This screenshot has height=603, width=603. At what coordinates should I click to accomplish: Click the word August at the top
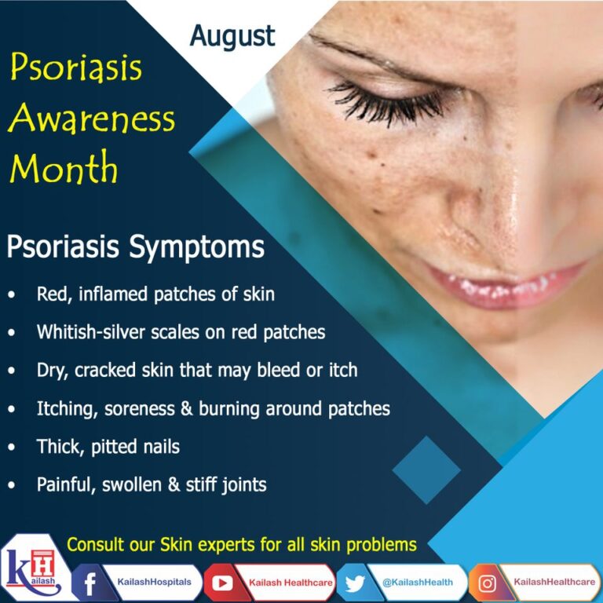click(233, 36)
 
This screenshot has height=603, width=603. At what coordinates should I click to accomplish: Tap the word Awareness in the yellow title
click(92, 119)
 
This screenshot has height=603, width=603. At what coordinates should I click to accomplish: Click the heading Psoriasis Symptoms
click(135, 248)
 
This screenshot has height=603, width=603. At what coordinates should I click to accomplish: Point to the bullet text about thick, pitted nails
click(108, 447)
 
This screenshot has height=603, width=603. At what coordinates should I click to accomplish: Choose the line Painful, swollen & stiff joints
click(152, 484)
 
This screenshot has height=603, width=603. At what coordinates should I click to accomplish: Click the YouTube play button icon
click(219, 583)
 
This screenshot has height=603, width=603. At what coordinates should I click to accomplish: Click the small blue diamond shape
click(426, 470)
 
